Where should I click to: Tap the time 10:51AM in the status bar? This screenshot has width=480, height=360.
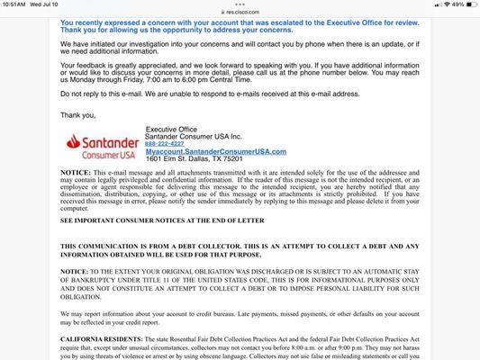coord(15,4)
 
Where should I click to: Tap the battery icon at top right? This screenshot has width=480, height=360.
coord(469,4)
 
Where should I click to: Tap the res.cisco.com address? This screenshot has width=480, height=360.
coord(242,13)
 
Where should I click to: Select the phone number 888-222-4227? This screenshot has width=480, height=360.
coord(165,143)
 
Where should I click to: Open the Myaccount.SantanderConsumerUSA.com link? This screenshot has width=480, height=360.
coord(215,151)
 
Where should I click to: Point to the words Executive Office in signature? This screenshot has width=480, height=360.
coord(171,129)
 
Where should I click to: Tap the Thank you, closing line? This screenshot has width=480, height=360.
coord(77,114)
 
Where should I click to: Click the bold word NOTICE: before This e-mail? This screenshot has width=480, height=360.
coord(75,171)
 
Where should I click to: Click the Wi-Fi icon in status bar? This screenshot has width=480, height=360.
coord(437,4)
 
